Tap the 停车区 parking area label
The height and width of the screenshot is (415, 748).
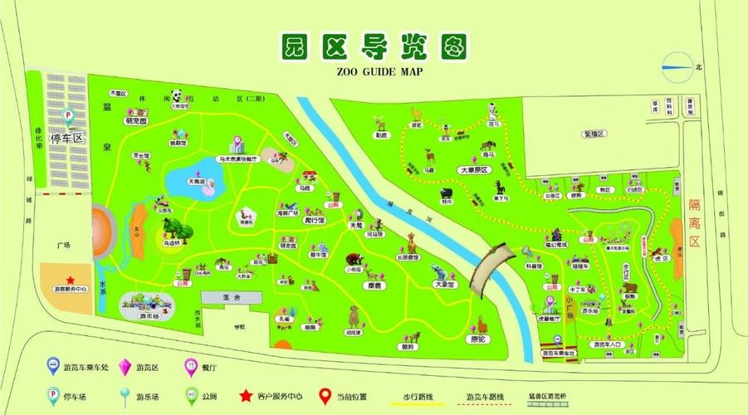pyautogui.click(x=67, y=138)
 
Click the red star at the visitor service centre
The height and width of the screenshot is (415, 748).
pyautogui.click(x=71, y=280)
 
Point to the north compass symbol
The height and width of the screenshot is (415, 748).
pyautogui.click(x=677, y=66)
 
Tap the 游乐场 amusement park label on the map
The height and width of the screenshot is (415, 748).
pyautogui.click(x=149, y=316)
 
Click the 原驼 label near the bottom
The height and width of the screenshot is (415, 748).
pyautogui.click(x=478, y=339)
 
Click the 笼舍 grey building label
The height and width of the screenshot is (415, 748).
pyautogui.click(x=231, y=296)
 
